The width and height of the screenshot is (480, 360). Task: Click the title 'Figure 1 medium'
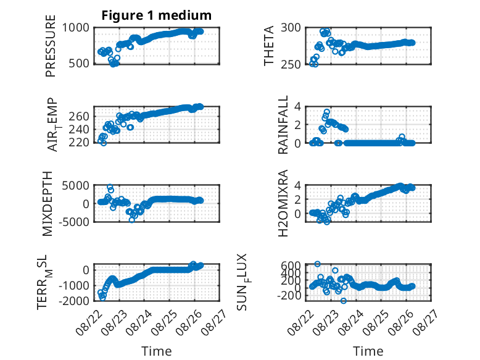coord(157,15)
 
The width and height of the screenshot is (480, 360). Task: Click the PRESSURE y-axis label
coord(51,46)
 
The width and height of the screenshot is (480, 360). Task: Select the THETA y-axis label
coord(268,46)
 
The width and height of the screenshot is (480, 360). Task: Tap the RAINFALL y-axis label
coord(283,125)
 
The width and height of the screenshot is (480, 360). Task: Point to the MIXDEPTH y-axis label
coord(48,204)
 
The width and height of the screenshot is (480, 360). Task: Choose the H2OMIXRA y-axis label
coord(283,203)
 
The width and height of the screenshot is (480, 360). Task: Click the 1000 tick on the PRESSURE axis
coord(76,28)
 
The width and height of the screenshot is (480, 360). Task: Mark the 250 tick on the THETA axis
coord(291,64)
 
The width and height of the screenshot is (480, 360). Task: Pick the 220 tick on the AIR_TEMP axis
coord(79,143)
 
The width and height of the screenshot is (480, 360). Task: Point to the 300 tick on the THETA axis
coord(291,28)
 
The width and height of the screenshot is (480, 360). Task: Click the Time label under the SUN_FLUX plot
coord(368,351)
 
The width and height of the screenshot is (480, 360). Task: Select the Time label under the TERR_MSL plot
coord(157,351)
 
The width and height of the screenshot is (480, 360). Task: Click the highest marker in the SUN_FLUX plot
coord(318,264)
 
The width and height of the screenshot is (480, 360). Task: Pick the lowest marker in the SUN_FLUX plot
coord(344,301)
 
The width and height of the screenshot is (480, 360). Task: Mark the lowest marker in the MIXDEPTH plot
coord(132,220)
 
